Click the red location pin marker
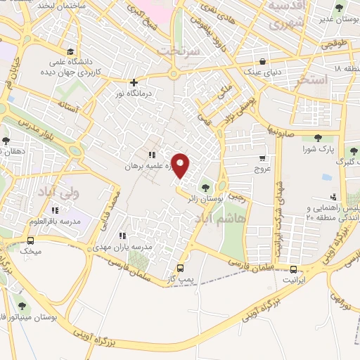[x=181, y=165]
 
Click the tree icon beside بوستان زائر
[x=205, y=187]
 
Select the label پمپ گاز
[x=181, y=280]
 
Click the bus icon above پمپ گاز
[x=181, y=268]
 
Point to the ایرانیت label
[x=295, y=280]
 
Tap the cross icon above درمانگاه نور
[x=134, y=82]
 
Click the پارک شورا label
[x=316, y=150]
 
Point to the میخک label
[x=31, y=250]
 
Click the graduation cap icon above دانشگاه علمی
[x=70, y=51]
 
